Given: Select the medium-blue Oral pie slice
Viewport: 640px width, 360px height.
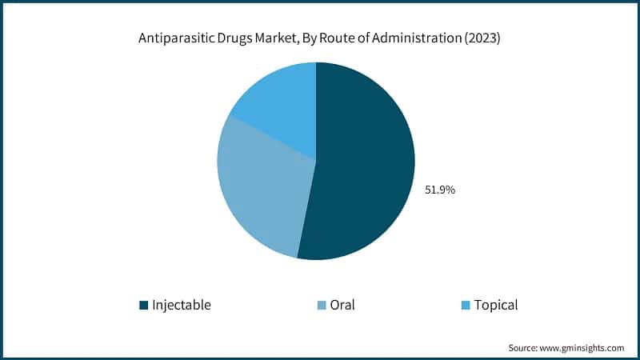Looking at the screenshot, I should (x=260, y=192).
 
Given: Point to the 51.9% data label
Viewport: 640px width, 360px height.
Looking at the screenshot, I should (x=439, y=190).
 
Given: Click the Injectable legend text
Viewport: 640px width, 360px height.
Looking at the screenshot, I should (x=182, y=305).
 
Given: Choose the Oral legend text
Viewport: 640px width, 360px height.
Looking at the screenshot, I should (x=342, y=305).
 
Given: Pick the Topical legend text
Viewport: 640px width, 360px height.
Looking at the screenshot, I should (x=495, y=305).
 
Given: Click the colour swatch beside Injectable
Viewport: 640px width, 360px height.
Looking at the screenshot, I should (x=143, y=305).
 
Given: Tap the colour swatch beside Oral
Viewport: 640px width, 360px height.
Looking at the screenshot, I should (x=321, y=305).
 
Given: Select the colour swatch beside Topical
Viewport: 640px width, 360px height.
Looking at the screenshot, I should (x=466, y=305).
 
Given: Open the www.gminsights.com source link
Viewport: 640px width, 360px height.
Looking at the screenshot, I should (x=583, y=348).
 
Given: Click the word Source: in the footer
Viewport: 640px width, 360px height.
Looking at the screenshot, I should (x=525, y=348).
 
